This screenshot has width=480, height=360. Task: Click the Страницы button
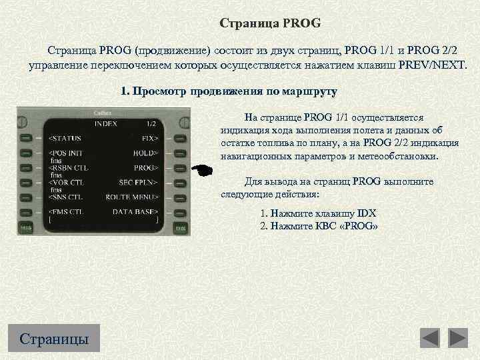click(54, 338)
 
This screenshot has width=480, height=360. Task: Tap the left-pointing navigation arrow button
click(429, 338)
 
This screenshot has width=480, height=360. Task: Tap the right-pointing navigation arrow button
click(458, 338)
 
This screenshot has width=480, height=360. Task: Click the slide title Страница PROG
click(270, 23)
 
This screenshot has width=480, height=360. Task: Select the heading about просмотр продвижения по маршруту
click(229, 91)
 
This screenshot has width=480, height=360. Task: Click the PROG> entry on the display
click(145, 168)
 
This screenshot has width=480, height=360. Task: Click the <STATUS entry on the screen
click(65, 139)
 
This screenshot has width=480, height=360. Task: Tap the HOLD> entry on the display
click(145, 153)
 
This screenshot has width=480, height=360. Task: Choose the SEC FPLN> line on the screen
click(138, 183)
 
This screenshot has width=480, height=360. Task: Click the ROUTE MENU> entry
click(131, 197)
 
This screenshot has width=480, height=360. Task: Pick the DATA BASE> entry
click(135, 212)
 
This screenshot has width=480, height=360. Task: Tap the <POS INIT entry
click(67, 153)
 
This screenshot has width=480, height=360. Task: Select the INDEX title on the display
click(105, 124)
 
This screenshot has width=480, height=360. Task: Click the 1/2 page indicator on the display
click(151, 124)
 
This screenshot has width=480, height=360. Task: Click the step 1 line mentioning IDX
click(318, 213)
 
